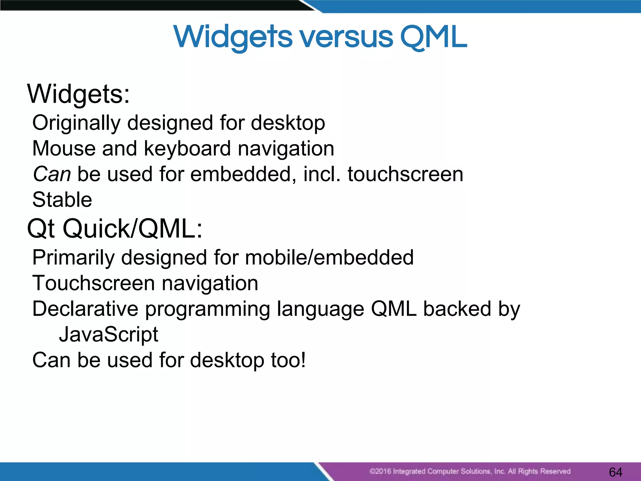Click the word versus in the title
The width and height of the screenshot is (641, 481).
click(x=346, y=38)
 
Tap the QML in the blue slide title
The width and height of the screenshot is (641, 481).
click(x=433, y=38)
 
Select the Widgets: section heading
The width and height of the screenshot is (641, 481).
click(x=78, y=94)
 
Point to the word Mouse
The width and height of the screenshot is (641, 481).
click(x=63, y=148)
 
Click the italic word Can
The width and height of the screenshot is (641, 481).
click(x=52, y=174)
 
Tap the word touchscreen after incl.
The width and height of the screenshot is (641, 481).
click(x=405, y=174)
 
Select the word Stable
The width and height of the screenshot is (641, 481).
click(x=62, y=200)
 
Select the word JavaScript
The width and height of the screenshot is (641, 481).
click(x=109, y=335)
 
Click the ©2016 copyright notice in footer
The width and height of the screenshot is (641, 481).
click(x=469, y=471)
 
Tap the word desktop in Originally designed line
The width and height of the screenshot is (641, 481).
click(x=288, y=123)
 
